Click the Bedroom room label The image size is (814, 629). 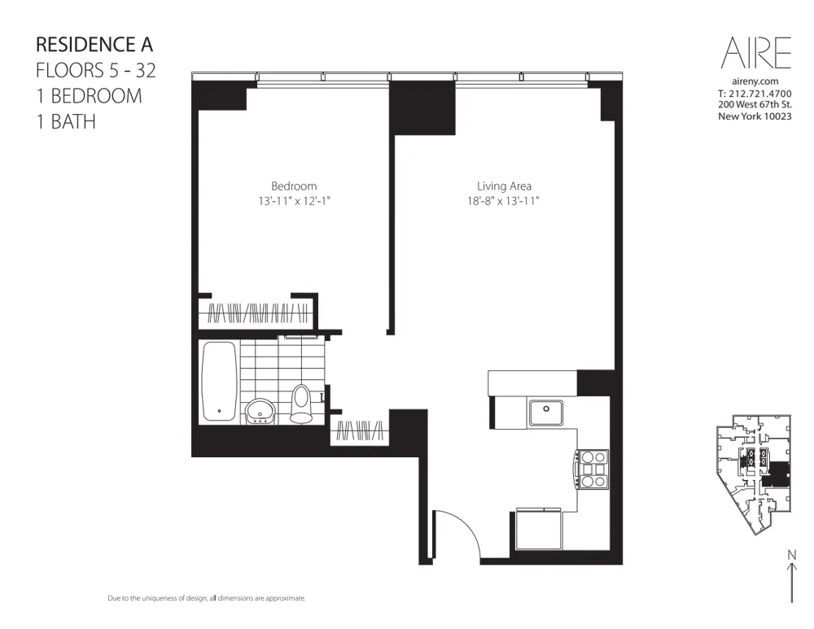click(294, 186)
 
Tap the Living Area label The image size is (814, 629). click(504, 186)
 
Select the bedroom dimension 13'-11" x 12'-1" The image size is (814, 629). click(294, 200)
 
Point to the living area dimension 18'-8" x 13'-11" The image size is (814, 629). click(504, 200)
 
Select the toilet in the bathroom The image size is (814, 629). click(301, 403)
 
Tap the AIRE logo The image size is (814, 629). click(755, 54)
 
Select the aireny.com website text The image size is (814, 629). click(755, 81)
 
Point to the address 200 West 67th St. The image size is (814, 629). click(755, 105)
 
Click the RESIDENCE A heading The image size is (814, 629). click(94, 44)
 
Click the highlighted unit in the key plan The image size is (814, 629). click(780, 473)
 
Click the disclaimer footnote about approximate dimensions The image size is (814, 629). click(207, 598)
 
